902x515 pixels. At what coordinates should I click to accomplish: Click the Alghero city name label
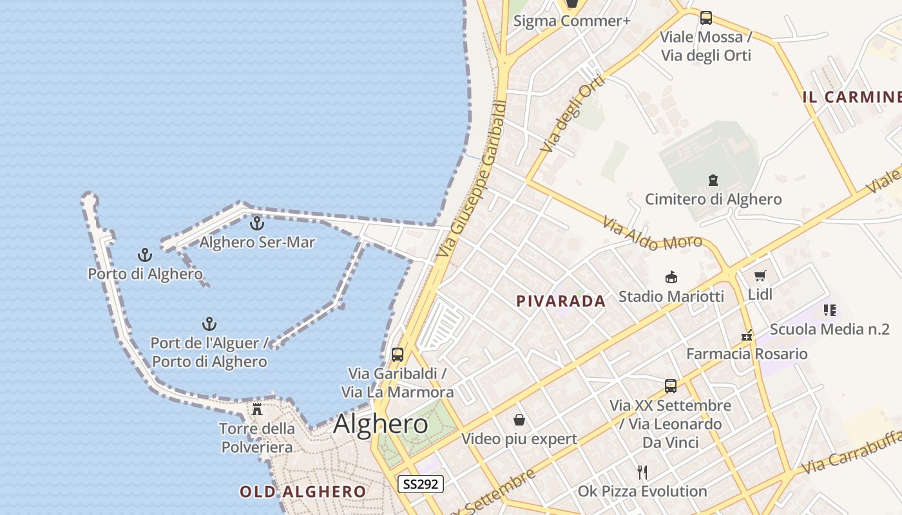380,424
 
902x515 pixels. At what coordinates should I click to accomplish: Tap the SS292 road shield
420,484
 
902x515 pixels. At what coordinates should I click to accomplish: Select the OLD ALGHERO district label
303,492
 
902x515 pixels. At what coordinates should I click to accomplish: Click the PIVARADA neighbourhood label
561,301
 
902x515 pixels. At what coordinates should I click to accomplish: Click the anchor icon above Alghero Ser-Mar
257,223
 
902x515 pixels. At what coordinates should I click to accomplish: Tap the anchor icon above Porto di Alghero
145,255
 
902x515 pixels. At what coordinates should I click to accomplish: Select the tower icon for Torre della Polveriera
257,409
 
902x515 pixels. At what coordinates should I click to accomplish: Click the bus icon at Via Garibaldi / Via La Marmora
398,354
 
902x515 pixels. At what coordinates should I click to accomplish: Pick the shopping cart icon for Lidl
760,276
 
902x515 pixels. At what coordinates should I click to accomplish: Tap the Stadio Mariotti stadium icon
671,277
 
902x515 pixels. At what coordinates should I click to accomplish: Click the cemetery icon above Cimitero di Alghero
713,180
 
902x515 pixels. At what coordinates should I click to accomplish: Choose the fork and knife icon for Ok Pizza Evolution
642,473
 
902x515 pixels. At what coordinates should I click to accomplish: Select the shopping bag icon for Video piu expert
519,420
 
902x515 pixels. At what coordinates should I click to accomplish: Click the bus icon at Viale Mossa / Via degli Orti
706,18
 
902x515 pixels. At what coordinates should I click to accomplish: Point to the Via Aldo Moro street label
652,234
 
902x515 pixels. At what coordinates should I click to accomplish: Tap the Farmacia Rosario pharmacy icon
747,335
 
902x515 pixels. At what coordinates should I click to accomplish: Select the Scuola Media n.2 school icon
830,310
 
